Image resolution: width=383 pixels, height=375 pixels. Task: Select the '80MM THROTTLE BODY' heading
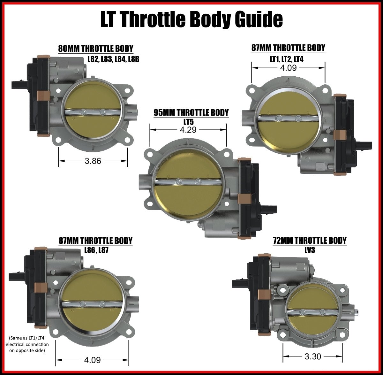click(95, 49)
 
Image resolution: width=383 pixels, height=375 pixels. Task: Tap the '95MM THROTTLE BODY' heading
click(191, 112)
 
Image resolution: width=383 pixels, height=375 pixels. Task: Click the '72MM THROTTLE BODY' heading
click(310, 240)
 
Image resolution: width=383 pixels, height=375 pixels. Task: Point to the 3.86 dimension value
click(93, 161)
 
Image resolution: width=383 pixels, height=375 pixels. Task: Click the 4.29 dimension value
click(188, 130)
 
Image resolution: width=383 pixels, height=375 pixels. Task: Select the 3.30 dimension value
click(312, 356)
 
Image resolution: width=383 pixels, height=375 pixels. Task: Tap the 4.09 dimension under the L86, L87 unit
click(92, 360)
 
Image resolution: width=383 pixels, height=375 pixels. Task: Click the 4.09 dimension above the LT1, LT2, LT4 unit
click(288, 68)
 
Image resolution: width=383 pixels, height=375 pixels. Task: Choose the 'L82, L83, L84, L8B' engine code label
click(113, 59)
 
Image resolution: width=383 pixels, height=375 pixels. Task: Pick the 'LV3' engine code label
click(310, 250)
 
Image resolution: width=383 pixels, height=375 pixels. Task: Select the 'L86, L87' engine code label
click(96, 250)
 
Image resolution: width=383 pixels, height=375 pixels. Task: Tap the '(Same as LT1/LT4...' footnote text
click(27, 344)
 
